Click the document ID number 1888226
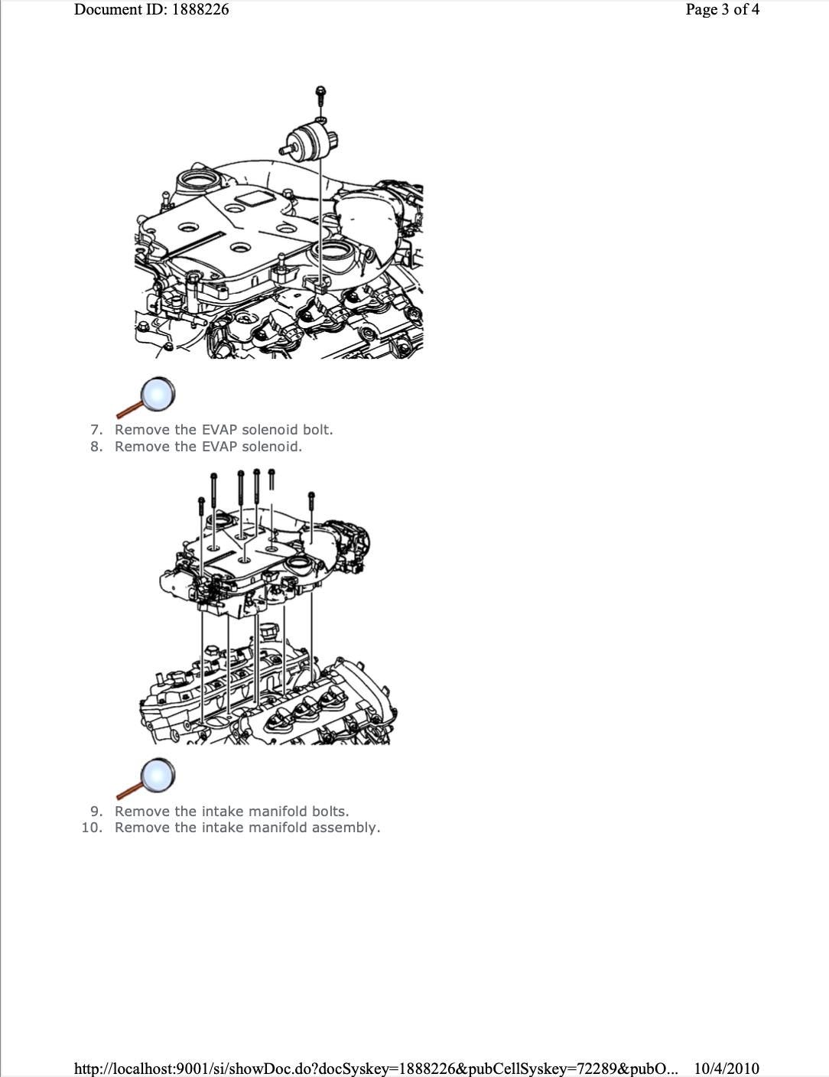pyautogui.click(x=200, y=9)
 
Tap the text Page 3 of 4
pyautogui.click(x=722, y=9)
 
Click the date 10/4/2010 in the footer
pyautogui.click(x=727, y=1068)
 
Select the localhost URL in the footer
pyautogui.click(x=375, y=1068)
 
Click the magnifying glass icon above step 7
pyautogui.click(x=146, y=398)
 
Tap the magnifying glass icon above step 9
pyautogui.click(x=146, y=779)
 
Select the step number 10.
pyautogui.click(x=93, y=828)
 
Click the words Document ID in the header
pyautogui.click(x=120, y=9)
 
